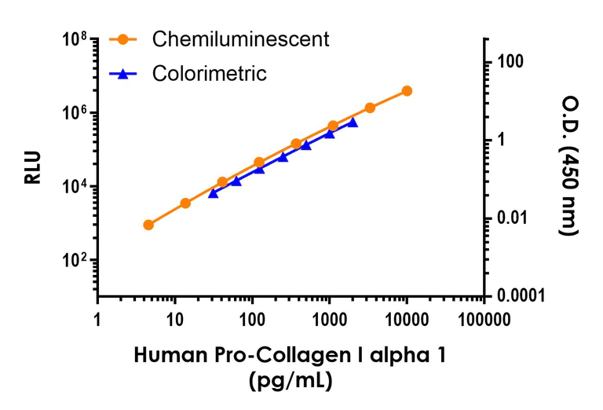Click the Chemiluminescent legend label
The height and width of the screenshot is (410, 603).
[x=241, y=38]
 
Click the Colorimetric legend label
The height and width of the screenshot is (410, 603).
[x=210, y=74]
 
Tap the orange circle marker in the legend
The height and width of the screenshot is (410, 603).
[x=123, y=38]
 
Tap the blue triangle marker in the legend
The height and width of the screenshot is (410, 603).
[x=123, y=74]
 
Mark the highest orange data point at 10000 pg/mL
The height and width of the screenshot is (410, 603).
[x=407, y=91]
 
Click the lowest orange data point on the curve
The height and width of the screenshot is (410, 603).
[x=148, y=225]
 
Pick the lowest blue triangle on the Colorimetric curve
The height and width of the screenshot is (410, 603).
[x=213, y=192]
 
